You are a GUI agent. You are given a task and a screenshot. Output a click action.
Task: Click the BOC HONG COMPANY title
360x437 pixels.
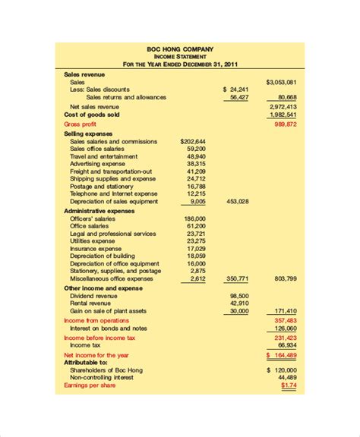coord(180,49)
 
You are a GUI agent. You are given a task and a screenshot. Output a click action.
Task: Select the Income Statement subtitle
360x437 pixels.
coord(180,56)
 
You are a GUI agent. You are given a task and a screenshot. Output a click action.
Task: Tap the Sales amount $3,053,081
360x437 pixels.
coord(281,81)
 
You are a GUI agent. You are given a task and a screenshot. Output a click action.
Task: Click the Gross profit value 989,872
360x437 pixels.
coord(285,124)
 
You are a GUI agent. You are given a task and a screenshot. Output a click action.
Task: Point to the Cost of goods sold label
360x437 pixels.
coord(93,115)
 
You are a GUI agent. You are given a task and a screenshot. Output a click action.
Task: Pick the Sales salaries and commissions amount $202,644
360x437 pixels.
coord(193,141)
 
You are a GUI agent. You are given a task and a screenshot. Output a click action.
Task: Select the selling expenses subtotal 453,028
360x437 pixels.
coord(238,201)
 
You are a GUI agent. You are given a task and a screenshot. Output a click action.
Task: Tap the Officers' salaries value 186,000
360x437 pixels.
coord(194,218)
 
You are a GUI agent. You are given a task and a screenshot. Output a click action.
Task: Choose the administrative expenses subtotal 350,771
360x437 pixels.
coord(238,278)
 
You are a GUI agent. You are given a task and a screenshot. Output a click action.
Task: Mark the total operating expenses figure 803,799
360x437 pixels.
coord(285,278)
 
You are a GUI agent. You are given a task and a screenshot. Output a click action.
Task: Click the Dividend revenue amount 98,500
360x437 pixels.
coord(239,295)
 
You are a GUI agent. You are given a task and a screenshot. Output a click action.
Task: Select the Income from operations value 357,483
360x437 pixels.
coord(285,320)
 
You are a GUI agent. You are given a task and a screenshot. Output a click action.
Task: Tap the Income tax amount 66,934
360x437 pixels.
coord(286,344)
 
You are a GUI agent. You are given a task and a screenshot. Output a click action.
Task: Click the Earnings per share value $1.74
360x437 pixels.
coord(286,385)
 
